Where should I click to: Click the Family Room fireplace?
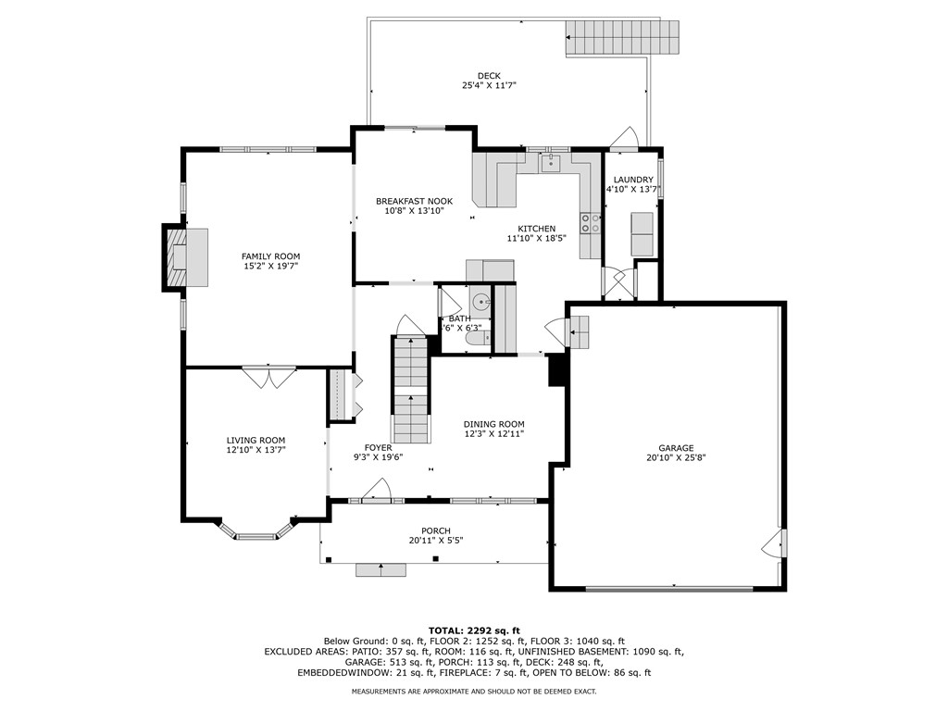176,257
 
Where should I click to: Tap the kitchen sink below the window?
550,164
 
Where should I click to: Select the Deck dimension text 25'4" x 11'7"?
489,85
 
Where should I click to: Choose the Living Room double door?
269,377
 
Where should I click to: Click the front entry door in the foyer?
376,490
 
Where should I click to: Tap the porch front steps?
380,569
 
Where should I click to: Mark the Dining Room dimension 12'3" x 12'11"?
493,432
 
